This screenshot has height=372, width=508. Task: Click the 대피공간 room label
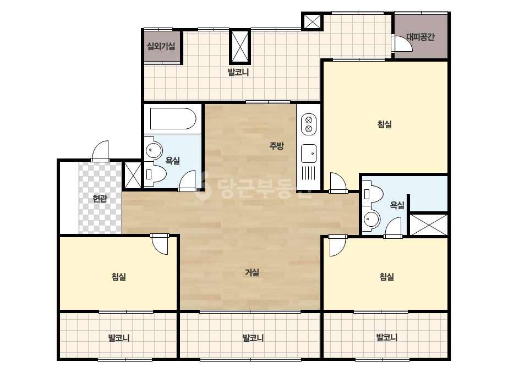[420, 37]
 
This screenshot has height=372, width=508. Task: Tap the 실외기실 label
[161, 46]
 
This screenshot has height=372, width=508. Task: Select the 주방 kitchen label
[276, 145]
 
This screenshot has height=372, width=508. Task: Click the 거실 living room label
[252, 272]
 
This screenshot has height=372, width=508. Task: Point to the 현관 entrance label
[100, 198]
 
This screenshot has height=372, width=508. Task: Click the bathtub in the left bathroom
[173, 119]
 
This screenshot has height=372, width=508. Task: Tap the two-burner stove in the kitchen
[309, 124]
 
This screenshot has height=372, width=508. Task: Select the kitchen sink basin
[309, 154]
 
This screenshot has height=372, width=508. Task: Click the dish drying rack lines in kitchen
[309, 173]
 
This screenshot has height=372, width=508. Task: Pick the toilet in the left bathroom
[156, 174]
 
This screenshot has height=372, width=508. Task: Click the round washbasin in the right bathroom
[372, 220]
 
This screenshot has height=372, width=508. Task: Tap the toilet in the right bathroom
[373, 194]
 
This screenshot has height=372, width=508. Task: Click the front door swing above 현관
[100, 151]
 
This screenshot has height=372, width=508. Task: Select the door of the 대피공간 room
[402, 43]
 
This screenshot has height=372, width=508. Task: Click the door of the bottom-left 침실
[160, 244]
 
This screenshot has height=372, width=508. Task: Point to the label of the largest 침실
[385, 124]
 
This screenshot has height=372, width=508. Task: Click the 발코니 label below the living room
[253, 338]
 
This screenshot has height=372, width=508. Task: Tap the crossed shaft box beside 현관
[133, 175]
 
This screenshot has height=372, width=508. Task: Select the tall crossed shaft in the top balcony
[240, 47]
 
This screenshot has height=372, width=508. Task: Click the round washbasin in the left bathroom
[154, 150]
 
